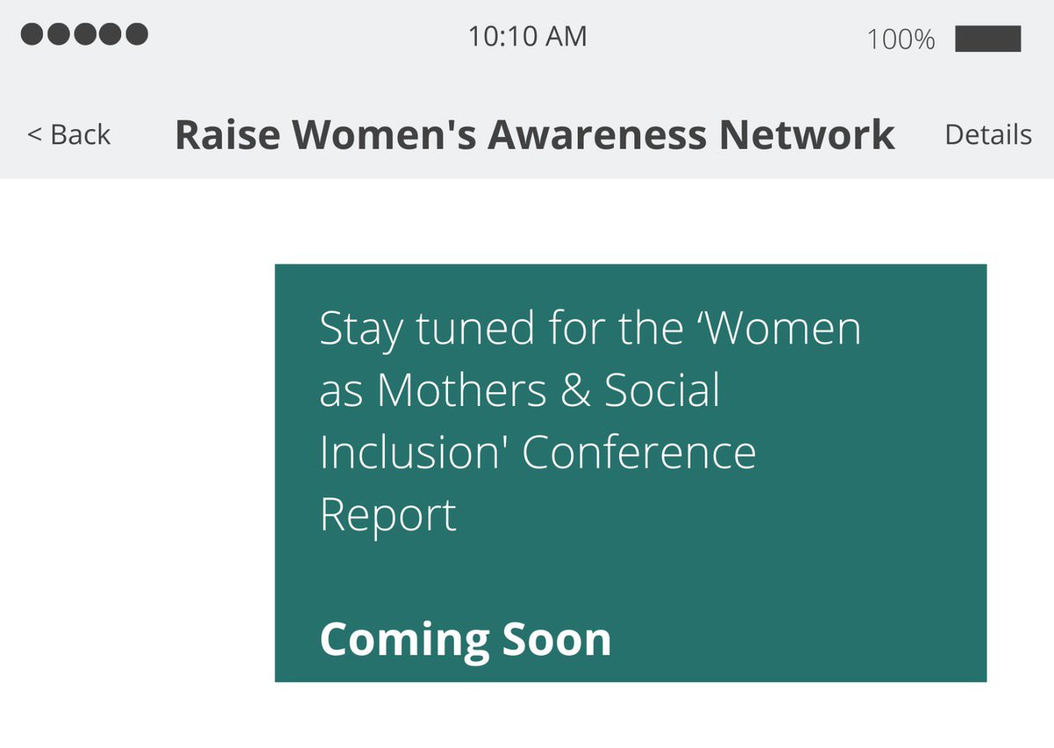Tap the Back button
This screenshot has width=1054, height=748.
pyautogui.click(x=69, y=134)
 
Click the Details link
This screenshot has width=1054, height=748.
pyautogui.click(x=987, y=134)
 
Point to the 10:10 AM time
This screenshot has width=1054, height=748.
pyautogui.click(x=527, y=37)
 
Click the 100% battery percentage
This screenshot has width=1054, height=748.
pyautogui.click(x=900, y=40)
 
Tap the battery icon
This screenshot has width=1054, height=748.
pyautogui.click(x=987, y=39)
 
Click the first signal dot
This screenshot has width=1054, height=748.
pyautogui.click(x=32, y=34)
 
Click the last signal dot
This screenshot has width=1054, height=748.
pyautogui.click(x=136, y=34)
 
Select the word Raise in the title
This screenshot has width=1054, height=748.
pyautogui.click(x=227, y=134)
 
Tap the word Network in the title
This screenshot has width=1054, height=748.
pyautogui.click(x=807, y=134)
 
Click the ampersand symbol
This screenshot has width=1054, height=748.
pyautogui.click(x=574, y=391)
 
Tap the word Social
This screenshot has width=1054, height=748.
pyautogui.click(x=662, y=390)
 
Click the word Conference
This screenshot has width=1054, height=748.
pyautogui.click(x=639, y=453)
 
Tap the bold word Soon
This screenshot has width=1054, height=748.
pyautogui.click(x=557, y=639)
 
